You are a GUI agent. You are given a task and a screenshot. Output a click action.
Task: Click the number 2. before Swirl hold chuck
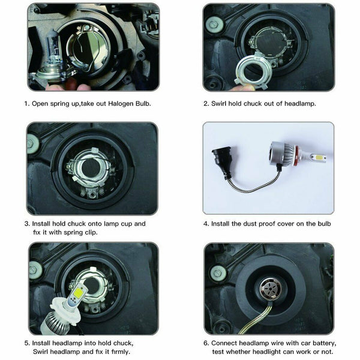click(x=206, y=103)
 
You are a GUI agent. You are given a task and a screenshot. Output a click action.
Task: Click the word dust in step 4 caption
click(x=251, y=224)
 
